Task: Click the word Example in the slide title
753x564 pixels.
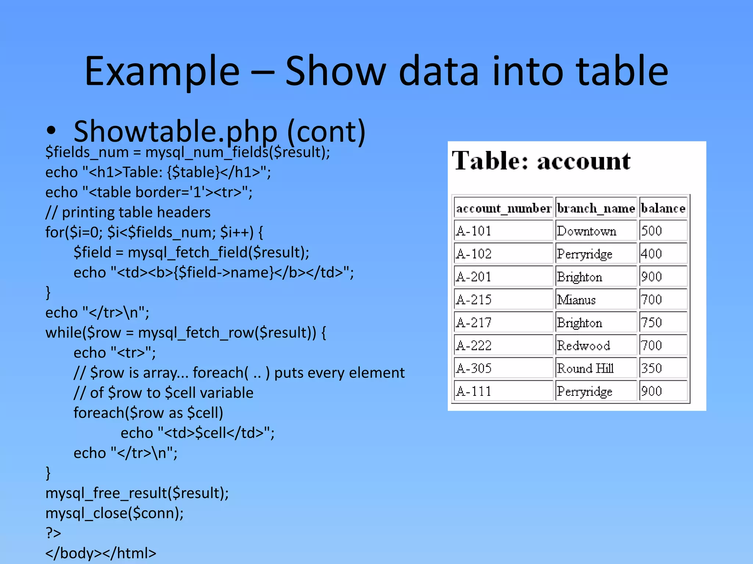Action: coord(162,71)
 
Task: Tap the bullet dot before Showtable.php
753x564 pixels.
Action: coord(51,131)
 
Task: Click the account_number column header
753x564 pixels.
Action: coord(503,209)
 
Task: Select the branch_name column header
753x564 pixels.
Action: coord(596,209)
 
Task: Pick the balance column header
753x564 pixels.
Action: coord(663,209)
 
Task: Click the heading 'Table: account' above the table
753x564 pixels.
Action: coord(541,161)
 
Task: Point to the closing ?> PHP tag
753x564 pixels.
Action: coord(53,533)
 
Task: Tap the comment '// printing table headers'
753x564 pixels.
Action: coord(128,212)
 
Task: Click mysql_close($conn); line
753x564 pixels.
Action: coord(114,513)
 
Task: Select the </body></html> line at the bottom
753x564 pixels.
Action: coord(101,553)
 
